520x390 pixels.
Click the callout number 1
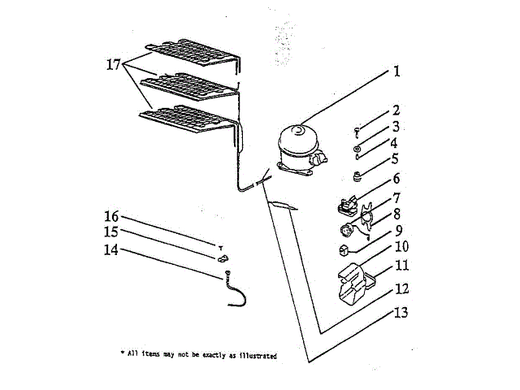[x=396, y=71]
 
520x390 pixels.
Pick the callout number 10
[x=401, y=246]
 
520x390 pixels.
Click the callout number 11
[x=401, y=265]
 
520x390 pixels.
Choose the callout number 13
[x=401, y=312]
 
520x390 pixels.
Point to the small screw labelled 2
[x=357, y=129]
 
